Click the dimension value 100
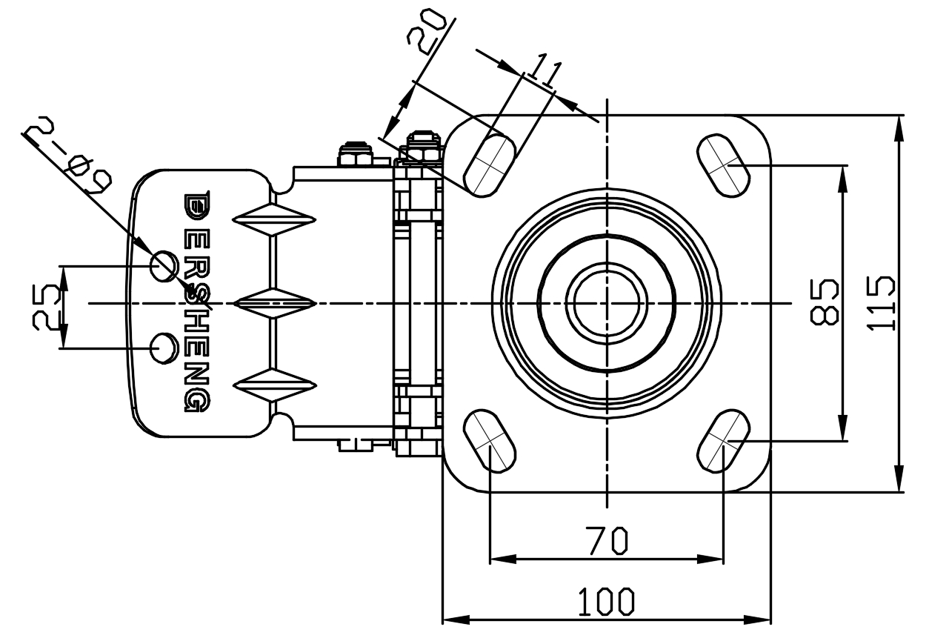(x=606, y=601)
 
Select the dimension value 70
(x=607, y=539)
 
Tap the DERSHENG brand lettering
(x=196, y=302)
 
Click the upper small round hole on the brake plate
(x=164, y=265)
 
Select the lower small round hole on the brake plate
(x=163, y=348)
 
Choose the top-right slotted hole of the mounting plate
(x=723, y=165)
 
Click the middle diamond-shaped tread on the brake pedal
(x=275, y=302)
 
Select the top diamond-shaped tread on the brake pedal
(x=275, y=219)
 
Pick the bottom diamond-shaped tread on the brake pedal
(x=275, y=385)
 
